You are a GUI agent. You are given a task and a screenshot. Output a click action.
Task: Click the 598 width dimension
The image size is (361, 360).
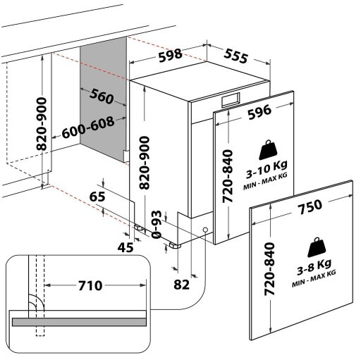[x=170, y=56]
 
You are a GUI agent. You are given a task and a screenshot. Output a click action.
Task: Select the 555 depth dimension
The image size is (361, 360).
[x=235, y=56]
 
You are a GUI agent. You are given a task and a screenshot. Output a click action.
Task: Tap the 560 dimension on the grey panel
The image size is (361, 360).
[x=102, y=96]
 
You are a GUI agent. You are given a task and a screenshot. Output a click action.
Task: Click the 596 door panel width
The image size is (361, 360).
[x=259, y=112]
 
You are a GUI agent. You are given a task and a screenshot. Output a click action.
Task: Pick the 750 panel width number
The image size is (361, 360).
[x=310, y=206]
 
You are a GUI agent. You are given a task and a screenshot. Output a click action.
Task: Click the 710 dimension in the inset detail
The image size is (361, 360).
[x=90, y=285]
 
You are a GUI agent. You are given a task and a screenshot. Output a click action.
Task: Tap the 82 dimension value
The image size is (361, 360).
[x=181, y=285]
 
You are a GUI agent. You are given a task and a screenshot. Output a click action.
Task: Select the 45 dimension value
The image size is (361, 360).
[x=126, y=247]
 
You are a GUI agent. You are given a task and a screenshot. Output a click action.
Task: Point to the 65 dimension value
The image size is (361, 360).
[x=97, y=197]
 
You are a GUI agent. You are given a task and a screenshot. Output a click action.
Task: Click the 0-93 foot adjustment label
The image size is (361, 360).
[x=157, y=224]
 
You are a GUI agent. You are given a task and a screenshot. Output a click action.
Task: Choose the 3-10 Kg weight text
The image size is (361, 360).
[x=267, y=168]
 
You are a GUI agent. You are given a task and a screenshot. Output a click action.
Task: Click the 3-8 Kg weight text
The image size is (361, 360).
[x=314, y=266]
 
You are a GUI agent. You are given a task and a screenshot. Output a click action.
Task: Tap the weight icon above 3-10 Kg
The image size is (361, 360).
[x=268, y=150]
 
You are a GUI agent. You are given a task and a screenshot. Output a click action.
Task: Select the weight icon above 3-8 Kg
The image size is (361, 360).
[x=317, y=247]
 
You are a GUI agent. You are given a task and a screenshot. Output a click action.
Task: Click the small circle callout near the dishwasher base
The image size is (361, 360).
[x=205, y=230]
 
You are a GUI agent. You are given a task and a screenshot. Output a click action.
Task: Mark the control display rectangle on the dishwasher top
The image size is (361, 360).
[x=231, y=100]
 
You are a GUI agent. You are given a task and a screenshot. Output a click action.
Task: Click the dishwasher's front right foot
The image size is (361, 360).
[x=175, y=245]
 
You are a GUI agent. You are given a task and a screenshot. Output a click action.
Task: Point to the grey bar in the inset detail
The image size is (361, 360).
[x=79, y=322]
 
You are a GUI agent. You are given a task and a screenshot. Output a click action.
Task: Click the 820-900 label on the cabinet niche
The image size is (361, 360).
[x=42, y=124]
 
